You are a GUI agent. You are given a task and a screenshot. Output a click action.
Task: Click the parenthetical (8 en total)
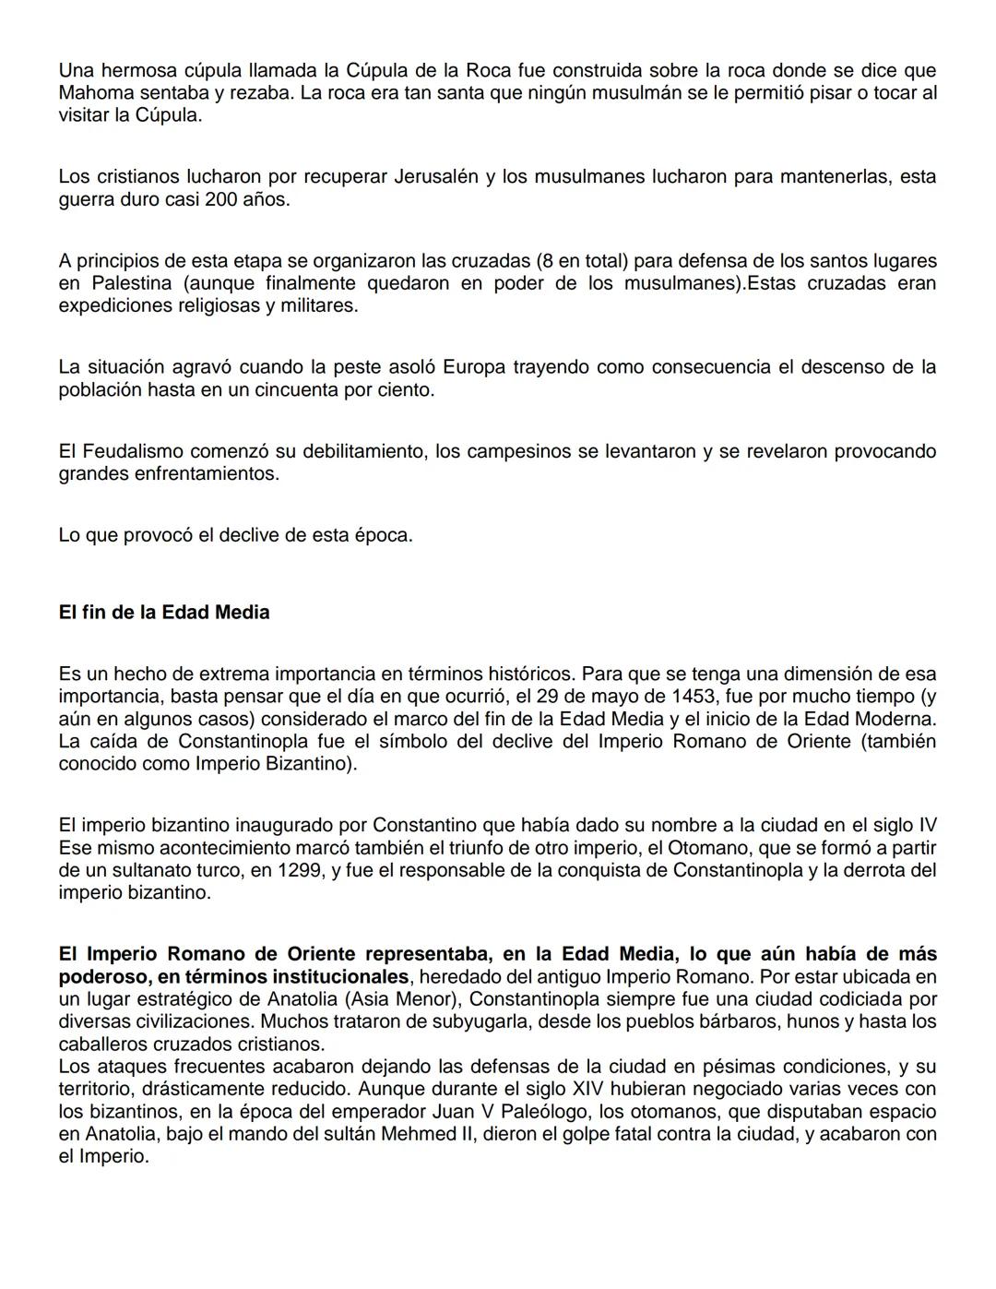click(x=595, y=260)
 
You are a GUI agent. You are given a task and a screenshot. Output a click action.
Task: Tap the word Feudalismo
click(x=132, y=451)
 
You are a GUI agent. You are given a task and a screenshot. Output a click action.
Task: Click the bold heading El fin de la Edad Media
click(x=163, y=613)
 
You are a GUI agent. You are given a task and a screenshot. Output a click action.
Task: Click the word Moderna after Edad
click(x=893, y=719)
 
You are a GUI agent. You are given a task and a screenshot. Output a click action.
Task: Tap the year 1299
click(x=300, y=870)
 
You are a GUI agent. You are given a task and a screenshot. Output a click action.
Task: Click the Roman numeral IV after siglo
click(x=927, y=825)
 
